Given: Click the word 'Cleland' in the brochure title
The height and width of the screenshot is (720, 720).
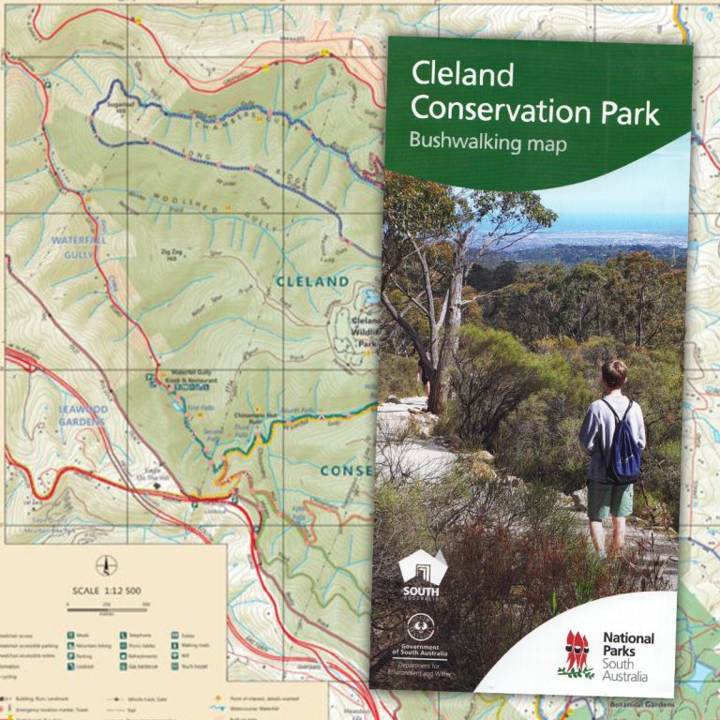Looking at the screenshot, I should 463,75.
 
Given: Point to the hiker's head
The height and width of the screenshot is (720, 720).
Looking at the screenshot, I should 614,374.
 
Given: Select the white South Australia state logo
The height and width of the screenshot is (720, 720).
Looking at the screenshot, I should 421,571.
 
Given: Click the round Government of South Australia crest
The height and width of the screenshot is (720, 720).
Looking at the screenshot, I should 419,627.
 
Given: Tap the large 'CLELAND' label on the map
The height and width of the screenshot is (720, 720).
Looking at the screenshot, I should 312,281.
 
